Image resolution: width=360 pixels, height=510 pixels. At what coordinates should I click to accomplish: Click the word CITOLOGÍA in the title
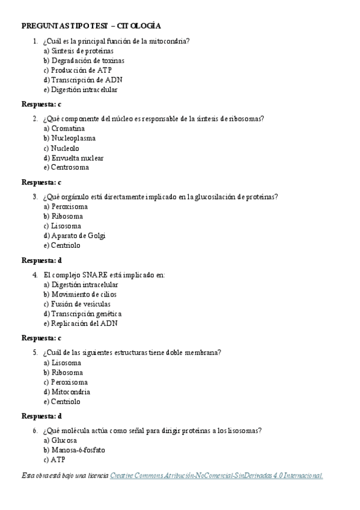tap(139, 26)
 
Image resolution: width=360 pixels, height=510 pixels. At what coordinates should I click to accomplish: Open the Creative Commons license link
tap(216, 476)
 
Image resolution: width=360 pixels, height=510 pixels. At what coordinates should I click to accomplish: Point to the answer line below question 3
tap(41, 260)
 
